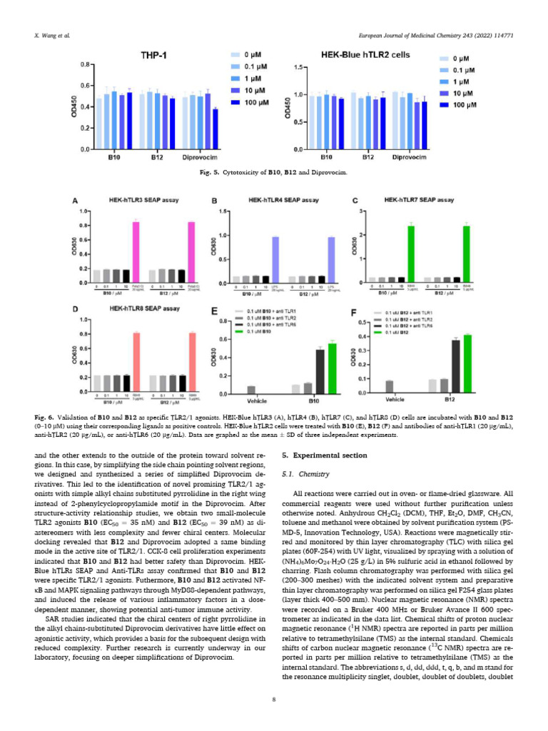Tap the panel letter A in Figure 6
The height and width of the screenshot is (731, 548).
coord(76,201)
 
